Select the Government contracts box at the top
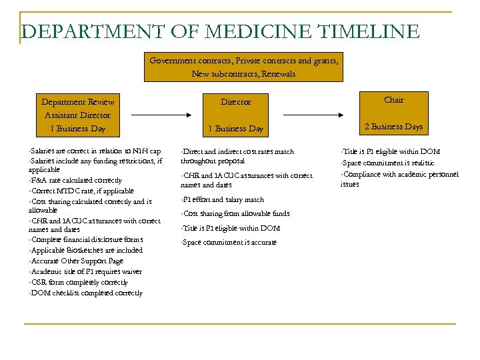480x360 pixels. point(243,67)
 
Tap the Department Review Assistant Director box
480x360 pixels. point(77,115)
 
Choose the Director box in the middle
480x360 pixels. point(235,115)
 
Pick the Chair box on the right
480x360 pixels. point(393,113)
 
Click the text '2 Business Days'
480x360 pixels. point(393,127)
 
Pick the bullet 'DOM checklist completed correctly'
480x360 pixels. point(87,293)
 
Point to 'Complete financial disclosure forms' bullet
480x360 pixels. point(87,239)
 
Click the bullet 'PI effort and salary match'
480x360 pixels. point(224,199)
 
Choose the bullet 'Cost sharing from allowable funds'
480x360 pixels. point(237,213)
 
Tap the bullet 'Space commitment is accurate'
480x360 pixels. point(230,242)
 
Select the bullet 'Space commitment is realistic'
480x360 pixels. point(389,163)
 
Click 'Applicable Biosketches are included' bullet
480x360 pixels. point(87,250)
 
